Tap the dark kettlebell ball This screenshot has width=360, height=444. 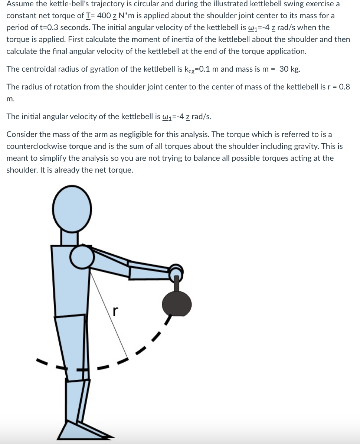[x=177, y=303]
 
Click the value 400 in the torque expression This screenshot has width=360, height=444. [x=102, y=16]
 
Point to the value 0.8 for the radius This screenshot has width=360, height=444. [x=344, y=87]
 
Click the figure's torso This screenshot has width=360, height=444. [x=69, y=282]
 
